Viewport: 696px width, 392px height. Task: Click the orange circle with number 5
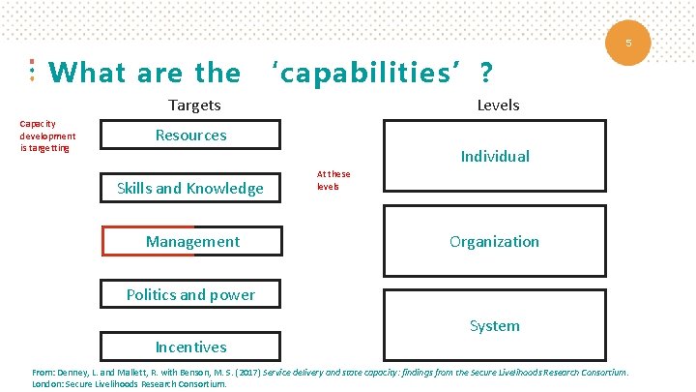pyautogui.click(x=628, y=44)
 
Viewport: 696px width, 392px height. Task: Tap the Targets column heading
pyautogui.click(x=194, y=105)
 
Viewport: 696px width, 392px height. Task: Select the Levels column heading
pyautogui.click(x=498, y=105)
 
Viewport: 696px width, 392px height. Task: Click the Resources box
pyautogui.click(x=191, y=135)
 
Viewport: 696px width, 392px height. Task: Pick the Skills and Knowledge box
pyautogui.click(x=190, y=188)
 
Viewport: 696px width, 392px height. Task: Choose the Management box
pyautogui.click(x=192, y=241)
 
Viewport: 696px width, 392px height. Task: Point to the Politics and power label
pyautogui.click(x=190, y=294)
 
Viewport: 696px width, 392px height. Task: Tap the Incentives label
pyautogui.click(x=191, y=347)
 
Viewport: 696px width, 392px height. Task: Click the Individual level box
pyautogui.click(x=495, y=156)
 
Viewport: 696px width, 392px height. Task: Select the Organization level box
pyautogui.click(x=495, y=241)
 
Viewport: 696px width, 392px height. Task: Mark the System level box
pyautogui.click(x=495, y=325)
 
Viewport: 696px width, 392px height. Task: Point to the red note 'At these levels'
pyautogui.click(x=333, y=180)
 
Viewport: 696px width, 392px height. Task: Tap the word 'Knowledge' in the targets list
pyautogui.click(x=228, y=188)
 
